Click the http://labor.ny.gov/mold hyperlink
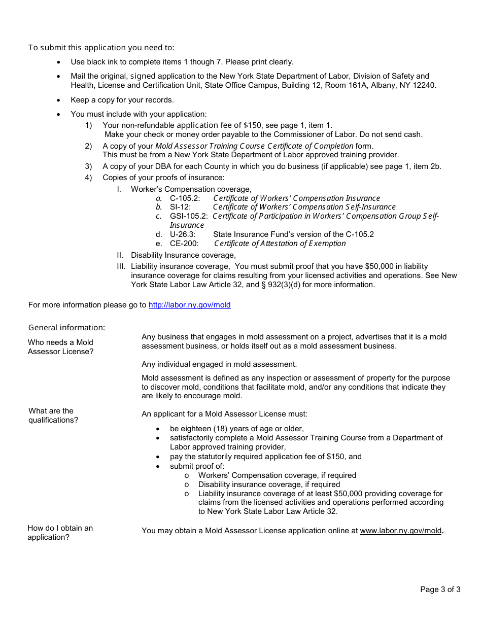(189, 305)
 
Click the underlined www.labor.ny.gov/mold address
(400, 531)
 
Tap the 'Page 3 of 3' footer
(440, 590)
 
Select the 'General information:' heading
(66, 327)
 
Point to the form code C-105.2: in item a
(185, 198)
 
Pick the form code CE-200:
(184, 244)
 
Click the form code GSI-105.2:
(189, 216)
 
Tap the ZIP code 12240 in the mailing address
(425, 85)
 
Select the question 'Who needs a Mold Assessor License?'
(60, 347)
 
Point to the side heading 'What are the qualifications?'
(53, 415)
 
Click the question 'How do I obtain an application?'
(60, 533)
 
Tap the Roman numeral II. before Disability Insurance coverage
(120, 255)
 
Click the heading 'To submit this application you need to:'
(101, 48)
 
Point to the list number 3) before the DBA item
(88, 166)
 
